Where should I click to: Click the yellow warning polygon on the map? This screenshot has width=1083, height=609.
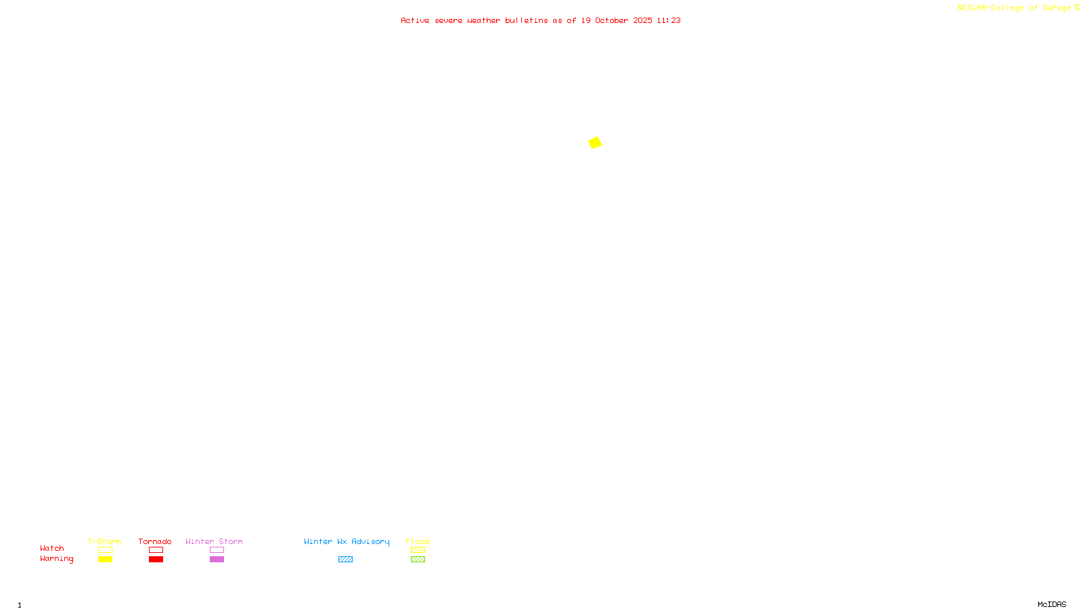595,142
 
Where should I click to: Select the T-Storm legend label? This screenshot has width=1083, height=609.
104,541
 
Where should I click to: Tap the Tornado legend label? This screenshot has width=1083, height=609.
155,541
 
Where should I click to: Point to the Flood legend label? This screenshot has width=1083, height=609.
418,541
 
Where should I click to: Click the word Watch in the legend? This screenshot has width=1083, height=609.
52,548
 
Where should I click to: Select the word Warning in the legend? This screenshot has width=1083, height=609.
56,559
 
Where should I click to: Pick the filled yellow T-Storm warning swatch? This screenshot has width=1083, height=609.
105,560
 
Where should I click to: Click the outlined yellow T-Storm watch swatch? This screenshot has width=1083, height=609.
105,550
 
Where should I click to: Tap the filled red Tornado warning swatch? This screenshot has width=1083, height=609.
156,560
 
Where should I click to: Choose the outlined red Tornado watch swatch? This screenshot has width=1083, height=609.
156,550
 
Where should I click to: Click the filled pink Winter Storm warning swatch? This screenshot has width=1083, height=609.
217,560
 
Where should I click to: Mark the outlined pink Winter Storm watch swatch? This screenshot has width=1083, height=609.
217,550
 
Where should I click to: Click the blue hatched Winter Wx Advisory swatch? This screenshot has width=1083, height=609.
345,560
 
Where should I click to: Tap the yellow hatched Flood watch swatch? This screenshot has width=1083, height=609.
418,550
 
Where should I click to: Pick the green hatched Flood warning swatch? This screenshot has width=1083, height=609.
418,560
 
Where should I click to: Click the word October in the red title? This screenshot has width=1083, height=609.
611,20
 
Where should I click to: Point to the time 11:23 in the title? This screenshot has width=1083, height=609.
669,20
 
